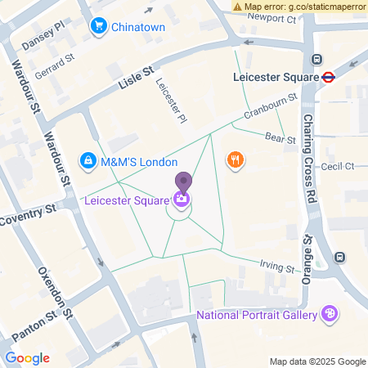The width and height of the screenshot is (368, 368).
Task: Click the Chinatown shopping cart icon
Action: click(99, 26)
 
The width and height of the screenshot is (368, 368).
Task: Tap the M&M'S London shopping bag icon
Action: click(87, 161)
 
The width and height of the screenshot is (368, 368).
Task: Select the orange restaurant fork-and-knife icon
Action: click(236, 159)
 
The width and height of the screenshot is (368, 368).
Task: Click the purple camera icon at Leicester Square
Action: click(182, 198)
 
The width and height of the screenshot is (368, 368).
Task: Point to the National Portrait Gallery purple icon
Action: click(330, 313)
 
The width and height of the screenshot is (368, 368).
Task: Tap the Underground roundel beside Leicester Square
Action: click(329, 78)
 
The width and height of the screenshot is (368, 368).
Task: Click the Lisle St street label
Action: click(136, 79)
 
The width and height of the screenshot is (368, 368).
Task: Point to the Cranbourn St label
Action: click(274, 109)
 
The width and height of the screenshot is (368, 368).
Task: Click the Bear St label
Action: click(279, 139)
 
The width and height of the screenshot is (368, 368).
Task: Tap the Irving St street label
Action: click(276, 266)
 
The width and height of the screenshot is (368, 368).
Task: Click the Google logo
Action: click(27, 357)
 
